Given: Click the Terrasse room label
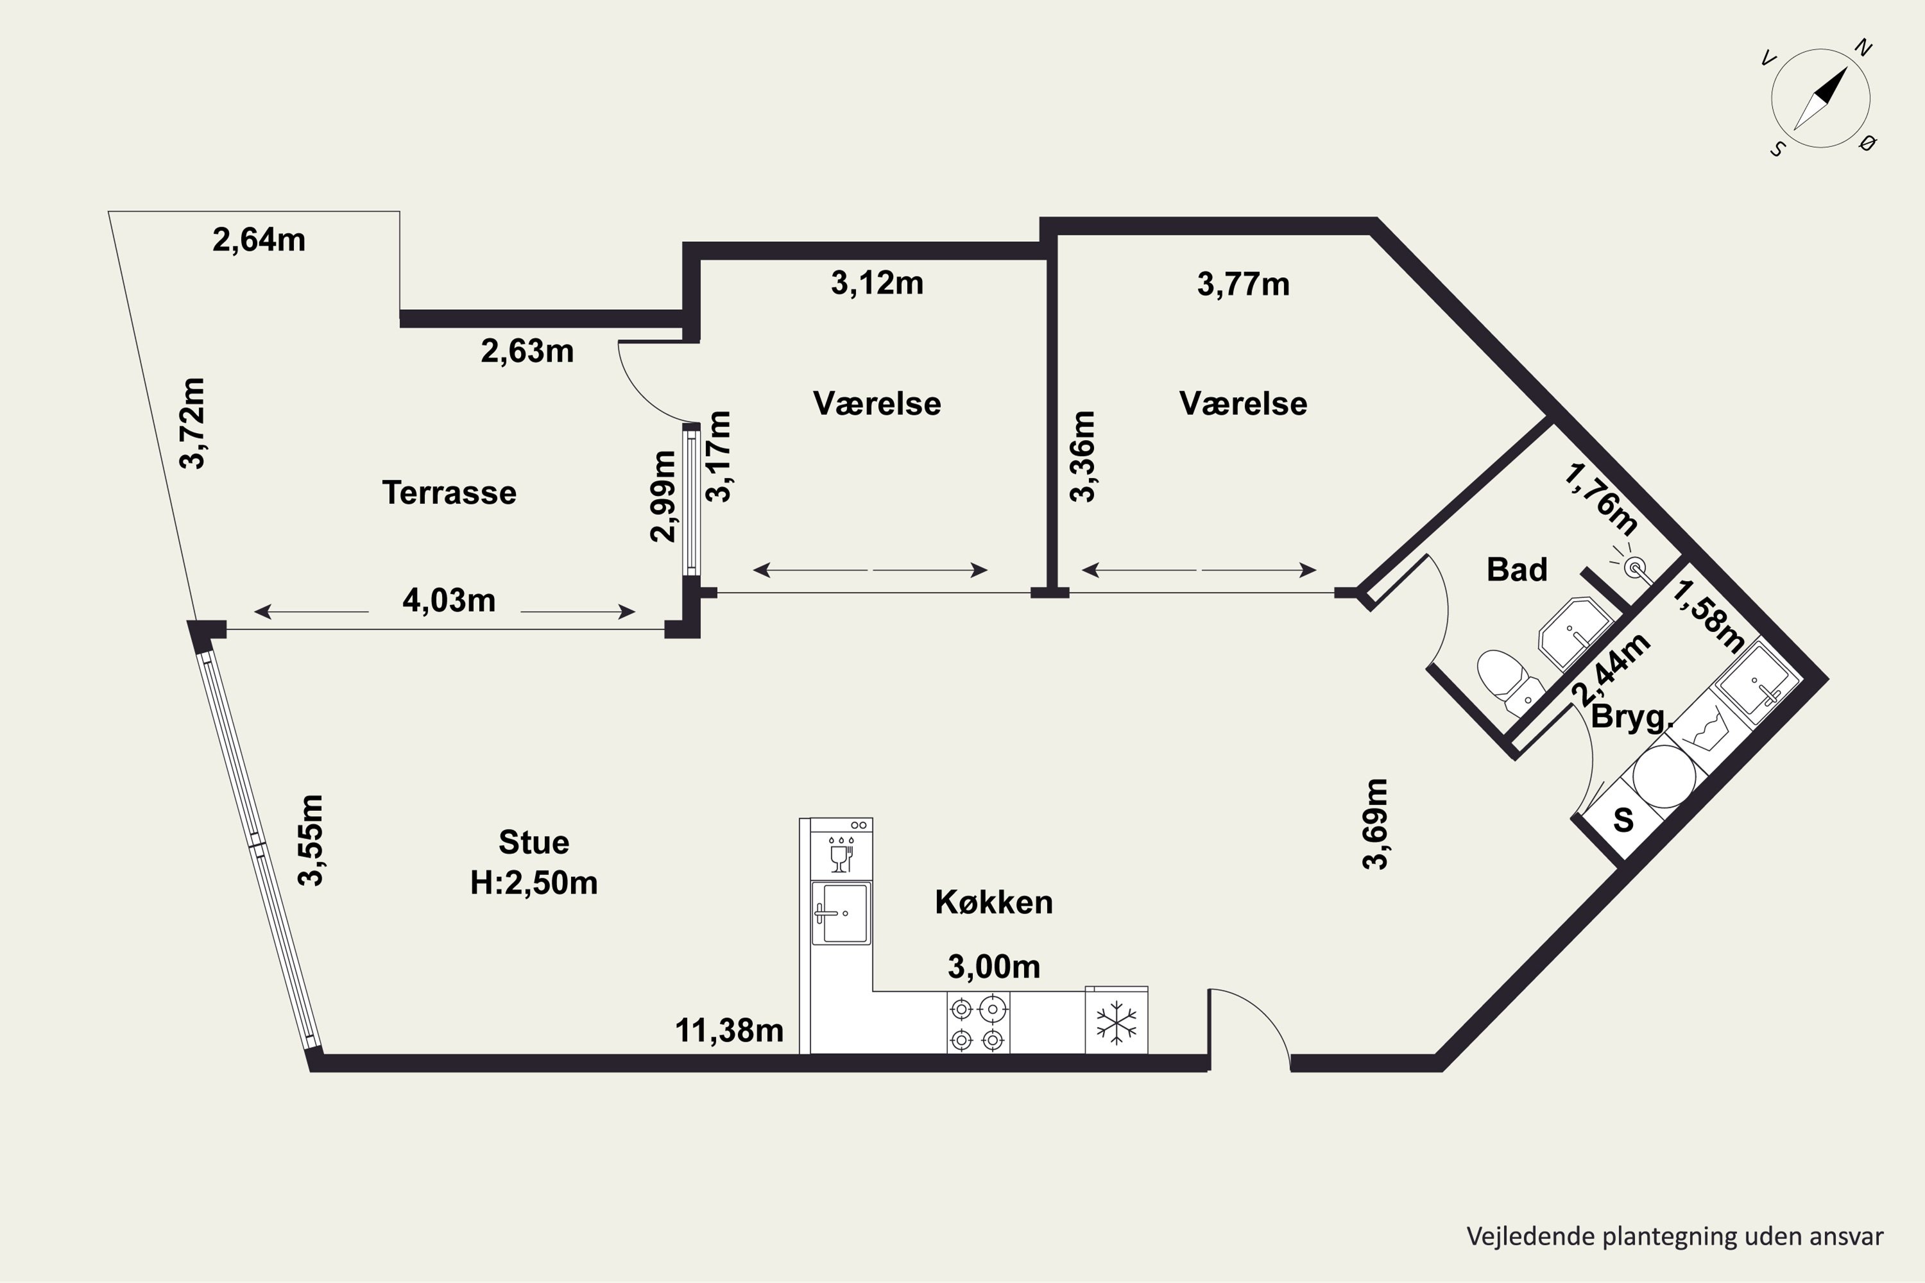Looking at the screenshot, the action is click(x=449, y=493).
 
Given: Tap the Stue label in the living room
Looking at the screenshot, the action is click(x=534, y=842).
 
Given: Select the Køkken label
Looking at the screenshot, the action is click(x=993, y=902).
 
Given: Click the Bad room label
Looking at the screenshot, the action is click(x=1517, y=570).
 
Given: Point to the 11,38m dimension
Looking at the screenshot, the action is click(x=729, y=1031).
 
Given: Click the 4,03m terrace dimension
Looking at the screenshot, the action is click(x=449, y=600).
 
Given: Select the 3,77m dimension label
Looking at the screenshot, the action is click(x=1244, y=284).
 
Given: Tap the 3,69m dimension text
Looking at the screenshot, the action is click(x=1375, y=823).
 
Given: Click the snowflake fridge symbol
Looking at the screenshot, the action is click(x=1116, y=1022).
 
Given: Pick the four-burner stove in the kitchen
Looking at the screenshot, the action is click(x=978, y=1023).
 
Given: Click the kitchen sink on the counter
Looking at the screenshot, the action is click(x=841, y=913).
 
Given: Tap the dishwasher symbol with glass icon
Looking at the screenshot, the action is click(x=841, y=849).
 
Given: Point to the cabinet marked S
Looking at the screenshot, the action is click(x=1622, y=819).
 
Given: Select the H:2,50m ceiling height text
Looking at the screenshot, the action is click(x=534, y=883).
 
